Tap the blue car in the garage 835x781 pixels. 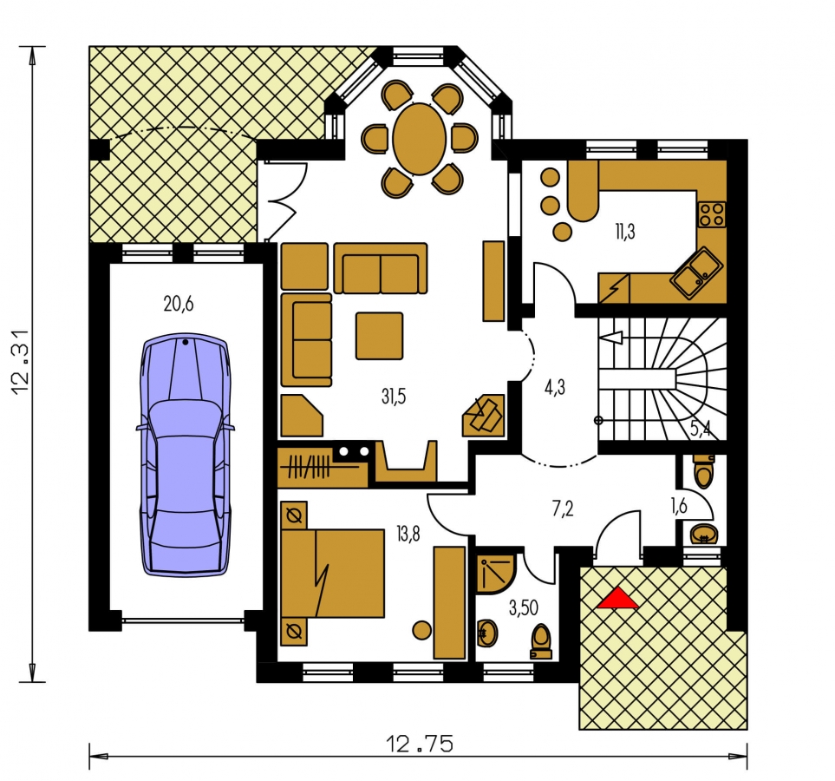click(x=186, y=456)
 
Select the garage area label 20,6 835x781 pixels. click(x=179, y=305)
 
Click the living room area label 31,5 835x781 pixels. click(x=394, y=396)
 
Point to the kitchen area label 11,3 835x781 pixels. click(x=624, y=232)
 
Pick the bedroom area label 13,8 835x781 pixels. click(x=408, y=533)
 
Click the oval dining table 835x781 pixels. click(x=420, y=139)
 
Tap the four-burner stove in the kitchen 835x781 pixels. click(x=712, y=214)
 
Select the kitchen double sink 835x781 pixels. click(x=696, y=273)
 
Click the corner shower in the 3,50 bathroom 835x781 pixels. click(x=494, y=574)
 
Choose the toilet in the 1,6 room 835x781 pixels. click(x=703, y=470)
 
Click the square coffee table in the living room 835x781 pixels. click(x=379, y=336)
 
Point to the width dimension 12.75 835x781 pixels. click(x=420, y=743)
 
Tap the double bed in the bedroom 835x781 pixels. click(x=332, y=573)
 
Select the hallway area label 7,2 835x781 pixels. click(x=563, y=509)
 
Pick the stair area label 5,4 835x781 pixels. click(x=701, y=429)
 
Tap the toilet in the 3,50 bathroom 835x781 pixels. click(x=541, y=641)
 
